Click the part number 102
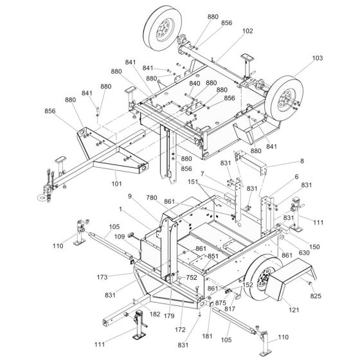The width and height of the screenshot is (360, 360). pyautogui.click(x=248, y=31)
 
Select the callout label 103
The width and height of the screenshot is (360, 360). pyautogui.click(x=318, y=58)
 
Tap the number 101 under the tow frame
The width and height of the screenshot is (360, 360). pyautogui.click(x=116, y=184)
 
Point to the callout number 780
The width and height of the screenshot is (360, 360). pyautogui.click(x=152, y=198)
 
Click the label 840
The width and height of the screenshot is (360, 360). pyautogui.click(x=195, y=84)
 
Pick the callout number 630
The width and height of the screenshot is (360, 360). pyautogui.click(x=304, y=253)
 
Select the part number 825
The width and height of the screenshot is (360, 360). pyautogui.click(x=316, y=296)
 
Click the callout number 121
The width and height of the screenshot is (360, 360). pyautogui.click(x=294, y=310)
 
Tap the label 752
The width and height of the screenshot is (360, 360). pyautogui.click(x=192, y=278)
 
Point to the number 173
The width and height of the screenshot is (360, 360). pyautogui.click(x=102, y=277)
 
